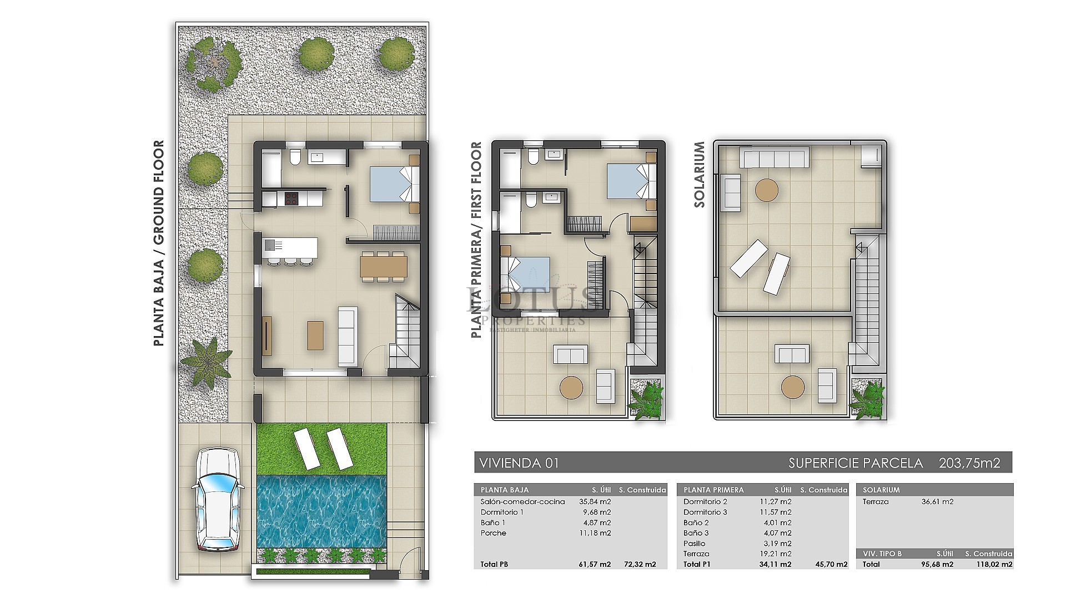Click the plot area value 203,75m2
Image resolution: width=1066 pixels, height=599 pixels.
click(x=969, y=463)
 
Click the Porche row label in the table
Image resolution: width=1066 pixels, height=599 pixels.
click(x=494, y=533)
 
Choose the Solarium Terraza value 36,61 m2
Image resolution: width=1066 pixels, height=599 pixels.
click(x=938, y=501)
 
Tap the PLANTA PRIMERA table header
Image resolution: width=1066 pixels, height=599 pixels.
click(x=713, y=490)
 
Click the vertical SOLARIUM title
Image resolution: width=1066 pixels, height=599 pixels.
click(x=700, y=174)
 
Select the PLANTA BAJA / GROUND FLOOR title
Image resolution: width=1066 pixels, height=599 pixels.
click(x=159, y=243)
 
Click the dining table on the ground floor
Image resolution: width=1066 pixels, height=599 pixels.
click(x=383, y=266)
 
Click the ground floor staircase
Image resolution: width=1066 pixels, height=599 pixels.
click(x=407, y=333)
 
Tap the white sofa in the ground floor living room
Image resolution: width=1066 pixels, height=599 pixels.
click(x=348, y=336)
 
